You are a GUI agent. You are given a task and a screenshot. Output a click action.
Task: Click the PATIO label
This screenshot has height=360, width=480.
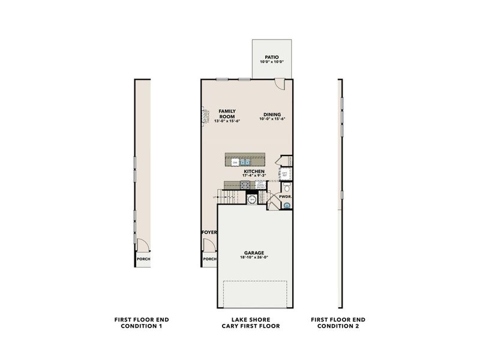(272, 57)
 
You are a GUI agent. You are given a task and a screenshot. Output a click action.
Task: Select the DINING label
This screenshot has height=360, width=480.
(272, 114)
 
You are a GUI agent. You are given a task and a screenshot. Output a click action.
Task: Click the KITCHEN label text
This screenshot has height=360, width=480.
(254, 171)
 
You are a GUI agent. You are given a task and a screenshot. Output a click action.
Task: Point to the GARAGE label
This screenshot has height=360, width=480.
(254, 253)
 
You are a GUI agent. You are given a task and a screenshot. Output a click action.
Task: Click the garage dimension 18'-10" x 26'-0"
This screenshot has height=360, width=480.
(254, 258)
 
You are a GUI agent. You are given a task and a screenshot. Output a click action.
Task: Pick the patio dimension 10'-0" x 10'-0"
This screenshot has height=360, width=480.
(272, 62)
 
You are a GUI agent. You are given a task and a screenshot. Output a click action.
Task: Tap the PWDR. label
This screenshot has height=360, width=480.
(284, 196)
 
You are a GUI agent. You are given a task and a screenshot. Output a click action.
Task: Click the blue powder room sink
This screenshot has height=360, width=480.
(287, 206)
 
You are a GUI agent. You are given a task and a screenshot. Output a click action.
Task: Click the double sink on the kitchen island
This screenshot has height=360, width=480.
(246, 162)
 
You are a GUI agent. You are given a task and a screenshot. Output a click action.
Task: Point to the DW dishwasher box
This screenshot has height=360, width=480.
(235, 162)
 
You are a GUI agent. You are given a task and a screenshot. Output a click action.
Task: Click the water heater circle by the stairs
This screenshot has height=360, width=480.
(253, 199)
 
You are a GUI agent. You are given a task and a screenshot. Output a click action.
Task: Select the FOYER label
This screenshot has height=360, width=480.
(209, 231)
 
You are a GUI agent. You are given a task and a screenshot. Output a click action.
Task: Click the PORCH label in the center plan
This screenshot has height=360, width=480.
(209, 259)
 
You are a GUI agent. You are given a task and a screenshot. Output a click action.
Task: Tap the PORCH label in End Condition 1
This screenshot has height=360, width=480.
(143, 259)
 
